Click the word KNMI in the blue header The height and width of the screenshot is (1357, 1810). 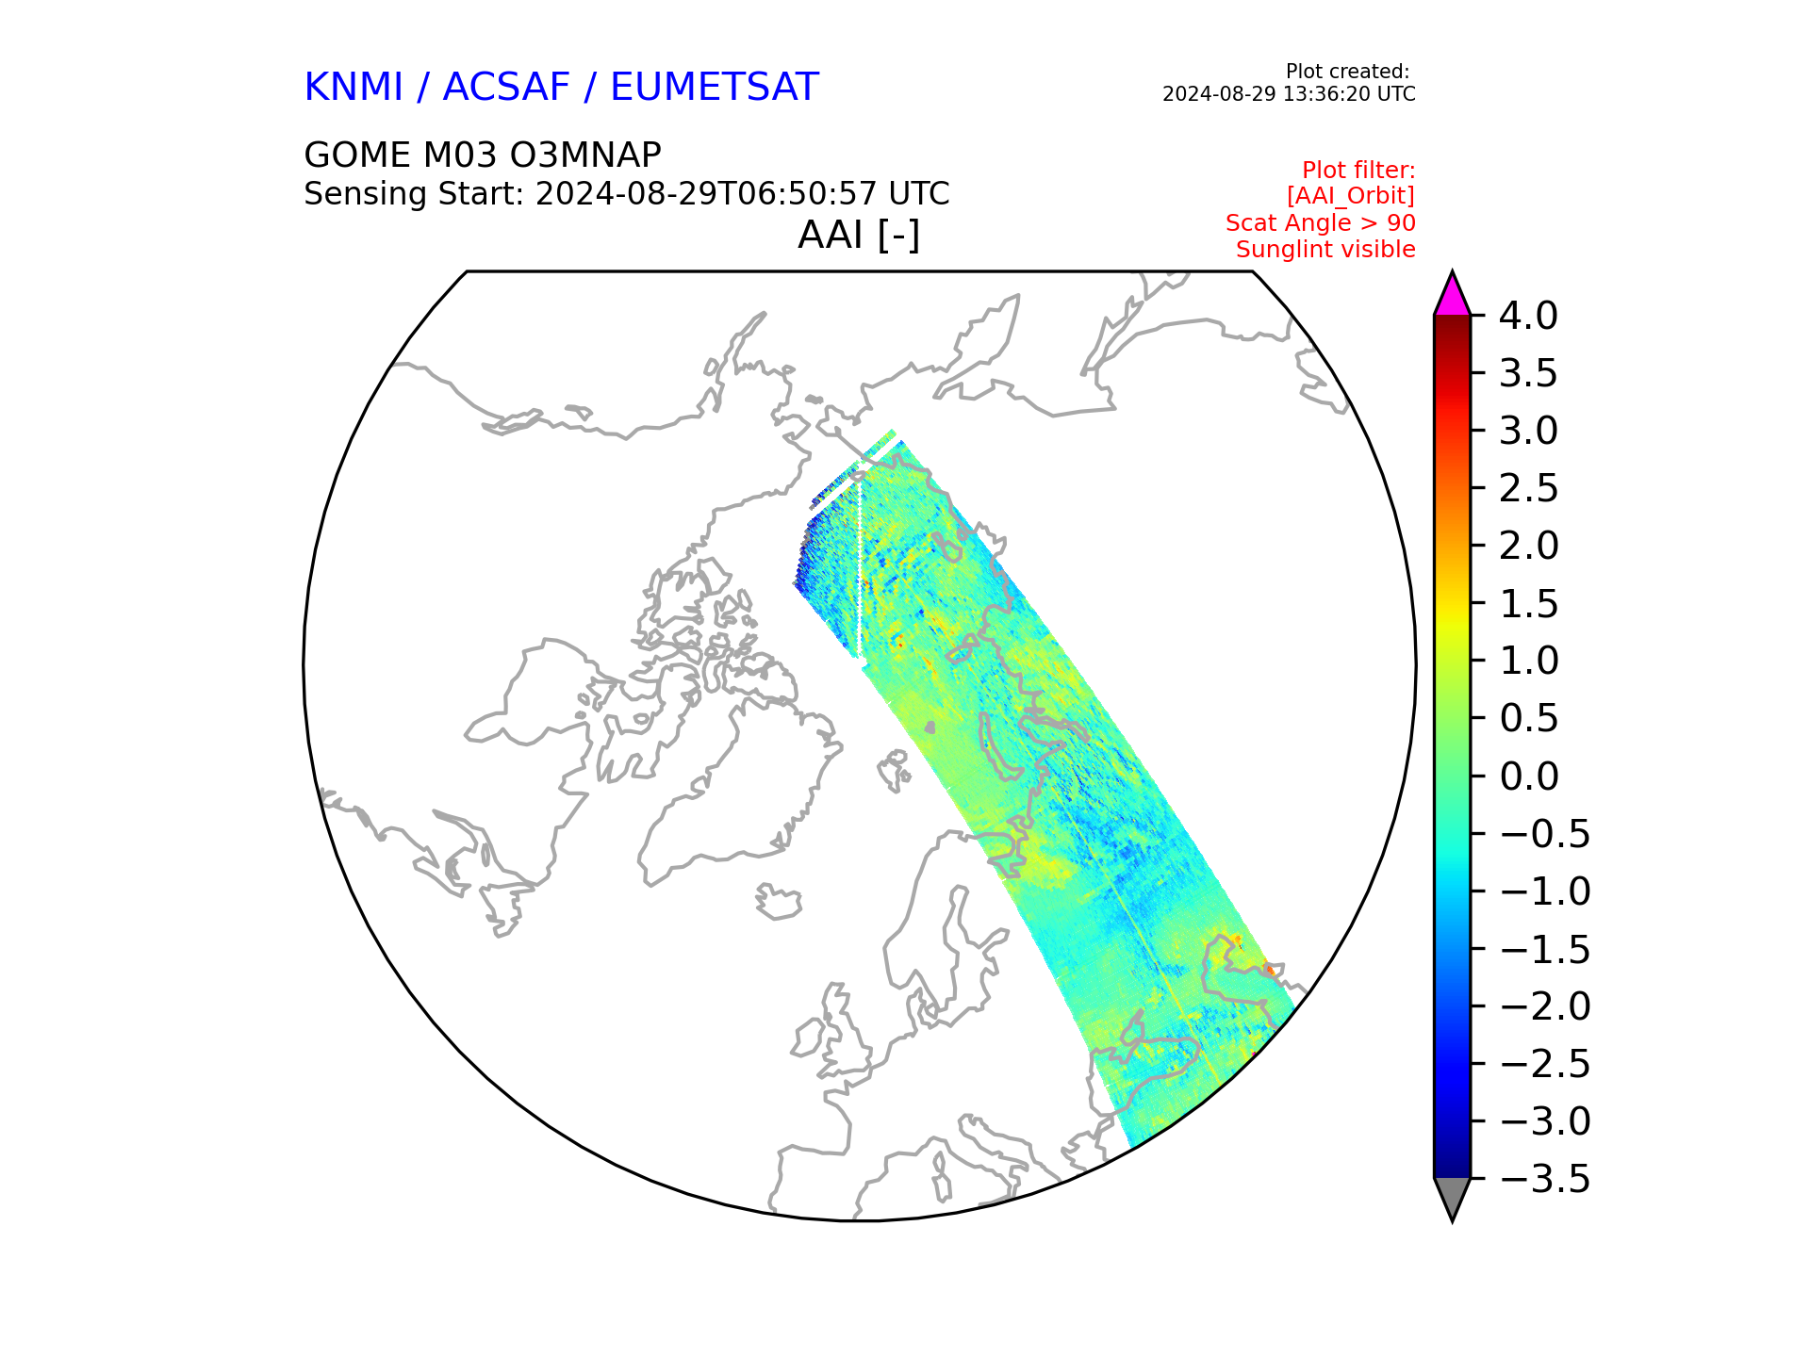[x=354, y=88]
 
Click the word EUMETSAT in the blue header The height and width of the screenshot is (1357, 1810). [x=714, y=88]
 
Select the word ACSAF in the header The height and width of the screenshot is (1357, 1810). [x=506, y=88]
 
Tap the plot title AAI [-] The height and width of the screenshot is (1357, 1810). [x=858, y=235]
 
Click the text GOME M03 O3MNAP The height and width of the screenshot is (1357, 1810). [x=482, y=155]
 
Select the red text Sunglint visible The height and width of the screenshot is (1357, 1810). [x=1325, y=250]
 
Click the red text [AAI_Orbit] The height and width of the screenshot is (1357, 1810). [x=1350, y=196]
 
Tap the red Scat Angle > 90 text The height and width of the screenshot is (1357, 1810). [x=1320, y=223]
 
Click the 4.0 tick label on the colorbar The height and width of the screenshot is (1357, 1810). [x=1528, y=316]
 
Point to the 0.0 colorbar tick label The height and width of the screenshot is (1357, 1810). [x=1528, y=777]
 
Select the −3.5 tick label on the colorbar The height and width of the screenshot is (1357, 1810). [x=1544, y=1179]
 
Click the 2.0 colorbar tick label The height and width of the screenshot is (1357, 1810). [x=1528, y=546]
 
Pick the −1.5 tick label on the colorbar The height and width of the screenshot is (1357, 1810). [x=1544, y=949]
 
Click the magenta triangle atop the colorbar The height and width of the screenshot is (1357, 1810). [x=1452, y=296]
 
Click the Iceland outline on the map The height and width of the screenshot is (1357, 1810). [x=779, y=903]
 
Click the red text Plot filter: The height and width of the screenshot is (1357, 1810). [x=1357, y=171]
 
